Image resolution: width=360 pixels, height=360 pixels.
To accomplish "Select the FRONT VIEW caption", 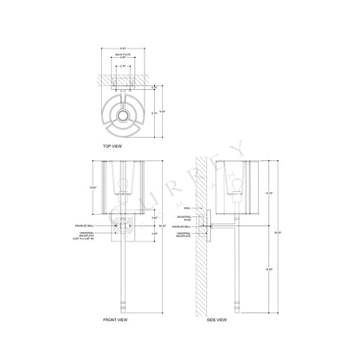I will click(116, 320).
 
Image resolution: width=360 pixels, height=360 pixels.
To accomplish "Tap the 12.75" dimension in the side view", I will click(268, 192).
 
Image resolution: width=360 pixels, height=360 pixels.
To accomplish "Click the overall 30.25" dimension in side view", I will click(279, 232).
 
